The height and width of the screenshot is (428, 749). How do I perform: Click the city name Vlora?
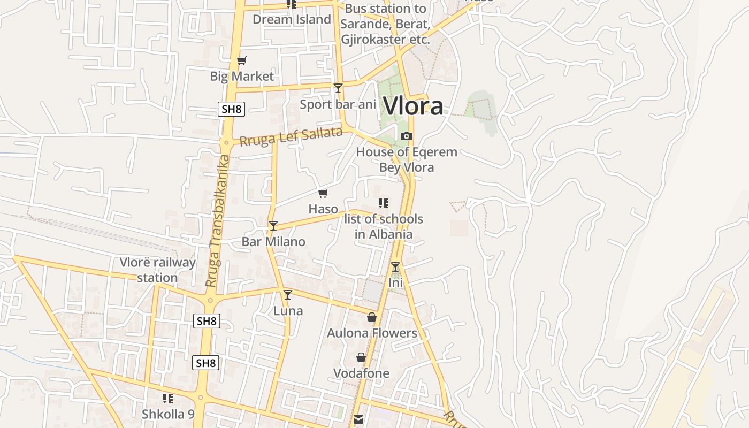(413, 106)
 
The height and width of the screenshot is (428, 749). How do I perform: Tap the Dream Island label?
(292, 20)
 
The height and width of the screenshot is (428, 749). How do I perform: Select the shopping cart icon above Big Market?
(242, 61)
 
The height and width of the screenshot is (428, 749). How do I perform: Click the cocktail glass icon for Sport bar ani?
(338, 88)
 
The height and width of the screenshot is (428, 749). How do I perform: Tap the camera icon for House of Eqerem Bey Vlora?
(407, 136)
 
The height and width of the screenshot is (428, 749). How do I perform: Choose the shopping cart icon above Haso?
(323, 194)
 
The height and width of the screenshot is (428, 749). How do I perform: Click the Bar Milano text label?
(273, 242)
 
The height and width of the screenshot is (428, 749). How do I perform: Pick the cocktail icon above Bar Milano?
(273, 226)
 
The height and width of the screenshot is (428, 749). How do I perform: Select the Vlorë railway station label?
(157, 270)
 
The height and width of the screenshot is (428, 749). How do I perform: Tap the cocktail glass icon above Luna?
(288, 295)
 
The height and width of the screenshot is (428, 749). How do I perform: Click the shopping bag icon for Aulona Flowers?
(372, 318)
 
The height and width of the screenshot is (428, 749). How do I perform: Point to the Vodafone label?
(361, 373)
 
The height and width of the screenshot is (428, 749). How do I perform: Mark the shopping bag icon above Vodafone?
(361, 357)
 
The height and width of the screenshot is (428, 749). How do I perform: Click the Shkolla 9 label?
(168, 414)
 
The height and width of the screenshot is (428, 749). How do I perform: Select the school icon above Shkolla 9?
(168, 399)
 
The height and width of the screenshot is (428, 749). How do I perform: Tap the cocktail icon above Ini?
(395, 267)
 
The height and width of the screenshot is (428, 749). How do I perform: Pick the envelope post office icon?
(358, 419)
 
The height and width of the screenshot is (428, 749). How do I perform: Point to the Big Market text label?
(242, 77)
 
